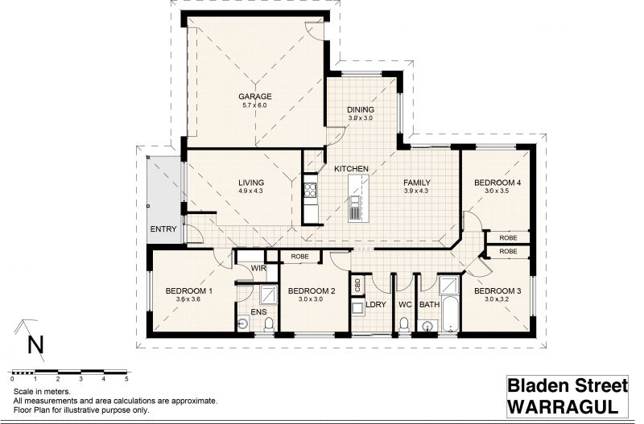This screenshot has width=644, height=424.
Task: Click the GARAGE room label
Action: click(255, 97)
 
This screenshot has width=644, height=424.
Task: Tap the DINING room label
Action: click(360, 109)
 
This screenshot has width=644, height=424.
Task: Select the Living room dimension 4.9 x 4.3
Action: click(250, 191)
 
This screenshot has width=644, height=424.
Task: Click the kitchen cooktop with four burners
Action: click(310, 191)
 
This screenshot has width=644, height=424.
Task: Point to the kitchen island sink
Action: click(354, 208)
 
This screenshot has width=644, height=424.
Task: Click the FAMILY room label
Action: click(416, 183)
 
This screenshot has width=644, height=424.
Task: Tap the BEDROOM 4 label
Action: click(497, 183)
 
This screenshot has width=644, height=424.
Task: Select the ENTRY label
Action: click(163, 229)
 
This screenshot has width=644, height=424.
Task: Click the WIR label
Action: click(258, 269)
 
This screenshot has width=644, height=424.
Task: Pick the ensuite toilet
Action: click(269, 324)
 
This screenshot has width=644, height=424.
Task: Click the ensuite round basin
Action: click(243, 323)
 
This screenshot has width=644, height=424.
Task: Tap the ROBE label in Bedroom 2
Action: click(299, 257)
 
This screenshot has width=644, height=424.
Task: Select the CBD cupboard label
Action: click(357, 284)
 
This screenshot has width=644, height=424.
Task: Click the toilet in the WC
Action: click(404, 324)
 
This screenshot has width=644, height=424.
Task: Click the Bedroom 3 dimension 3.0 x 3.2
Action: click(497, 299)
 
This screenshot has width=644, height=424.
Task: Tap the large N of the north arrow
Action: click(35, 345)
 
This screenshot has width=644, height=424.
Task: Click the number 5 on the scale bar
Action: click(127, 379)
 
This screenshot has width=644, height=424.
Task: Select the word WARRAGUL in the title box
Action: click(563, 406)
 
